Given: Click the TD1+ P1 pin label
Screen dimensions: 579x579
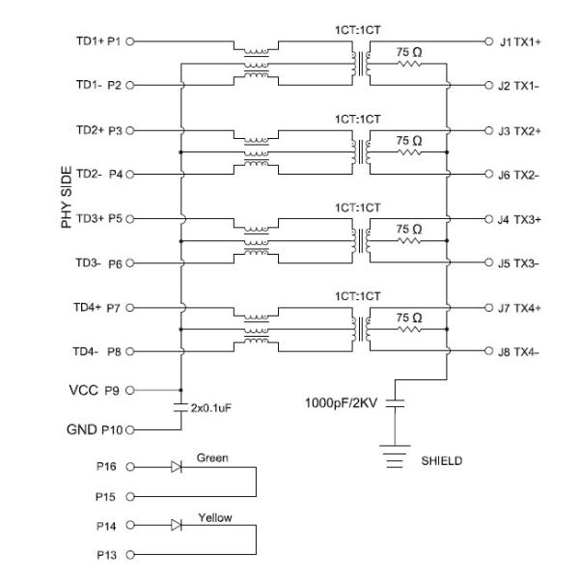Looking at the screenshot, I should pos(98,41).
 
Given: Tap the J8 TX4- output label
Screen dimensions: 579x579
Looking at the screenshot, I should pos(520,352).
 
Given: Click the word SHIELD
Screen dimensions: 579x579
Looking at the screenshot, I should pos(441,460).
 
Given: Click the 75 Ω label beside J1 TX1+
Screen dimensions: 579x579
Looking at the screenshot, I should pos(408,49).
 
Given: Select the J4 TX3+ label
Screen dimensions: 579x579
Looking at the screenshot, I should pos(520,219).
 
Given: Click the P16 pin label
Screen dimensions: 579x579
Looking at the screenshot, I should pos(108,466).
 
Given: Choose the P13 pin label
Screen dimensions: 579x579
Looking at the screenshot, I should pos(108,555).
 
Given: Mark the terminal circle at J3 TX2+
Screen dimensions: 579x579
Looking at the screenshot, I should pos(488,130).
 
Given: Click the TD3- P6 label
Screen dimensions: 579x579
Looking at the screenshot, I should pos(98,263).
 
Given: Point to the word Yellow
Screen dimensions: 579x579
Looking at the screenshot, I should pos(214,518).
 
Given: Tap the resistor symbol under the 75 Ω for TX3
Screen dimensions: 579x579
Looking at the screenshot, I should pos(408,241).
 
